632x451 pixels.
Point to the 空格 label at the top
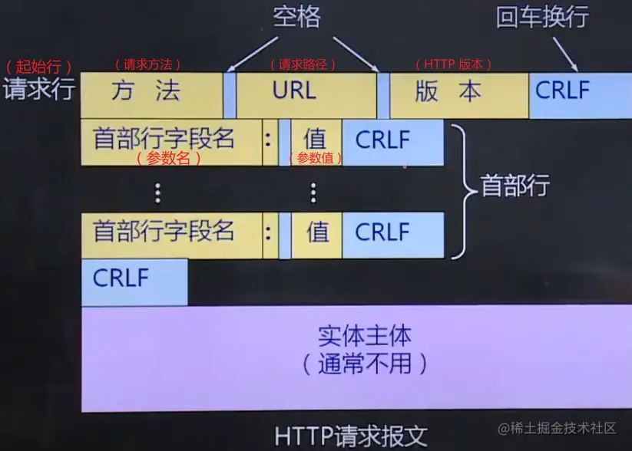(x=296, y=16)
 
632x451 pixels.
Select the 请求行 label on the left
(x=39, y=90)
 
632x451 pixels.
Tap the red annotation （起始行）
(x=39, y=65)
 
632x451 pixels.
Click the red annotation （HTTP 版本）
(x=453, y=65)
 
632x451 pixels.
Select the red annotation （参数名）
(x=168, y=158)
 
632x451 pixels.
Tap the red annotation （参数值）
(x=315, y=158)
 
